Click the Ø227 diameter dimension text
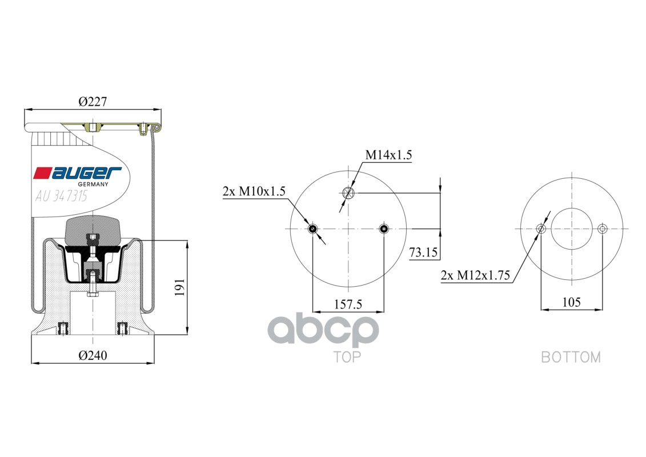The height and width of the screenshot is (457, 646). point(93,102)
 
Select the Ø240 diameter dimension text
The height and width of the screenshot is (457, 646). point(93,355)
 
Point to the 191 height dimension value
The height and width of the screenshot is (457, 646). point(179,287)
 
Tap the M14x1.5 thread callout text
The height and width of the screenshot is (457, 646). point(388,155)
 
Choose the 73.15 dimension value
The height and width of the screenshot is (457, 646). point(423,252)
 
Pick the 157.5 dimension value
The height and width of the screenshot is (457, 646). point(348,304)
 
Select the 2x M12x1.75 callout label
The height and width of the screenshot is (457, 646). point(475,275)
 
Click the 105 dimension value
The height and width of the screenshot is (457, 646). point(571,302)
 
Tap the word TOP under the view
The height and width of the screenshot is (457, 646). point(347,358)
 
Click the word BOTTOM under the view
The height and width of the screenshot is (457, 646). point(571,358)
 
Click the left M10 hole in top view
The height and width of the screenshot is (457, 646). point(312,229)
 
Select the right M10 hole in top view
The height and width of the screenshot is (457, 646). point(384,229)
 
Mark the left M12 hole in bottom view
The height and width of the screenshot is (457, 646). point(541,229)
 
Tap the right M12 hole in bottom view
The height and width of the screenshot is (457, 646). point(601,229)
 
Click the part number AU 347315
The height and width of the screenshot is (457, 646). point(61,197)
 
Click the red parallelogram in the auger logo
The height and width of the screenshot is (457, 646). point(42,173)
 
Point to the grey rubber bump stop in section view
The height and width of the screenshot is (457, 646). point(93,231)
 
